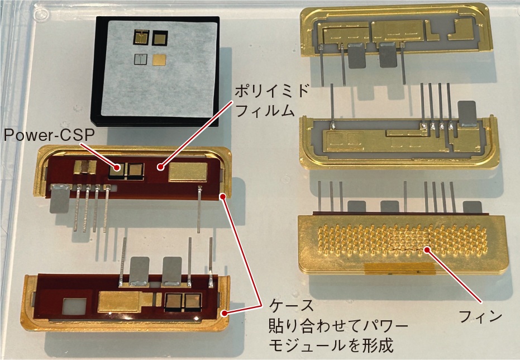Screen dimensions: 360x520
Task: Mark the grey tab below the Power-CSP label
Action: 59,199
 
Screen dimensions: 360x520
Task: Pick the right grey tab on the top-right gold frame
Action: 389,56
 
